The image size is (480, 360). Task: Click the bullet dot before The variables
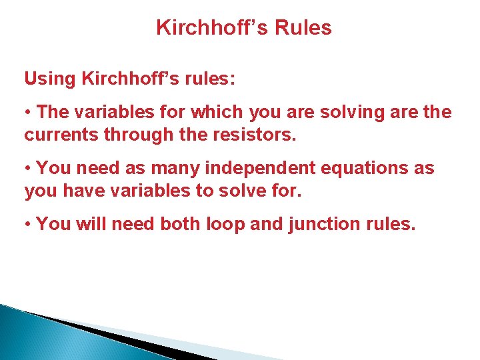coord(28,113)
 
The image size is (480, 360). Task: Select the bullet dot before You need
coord(28,169)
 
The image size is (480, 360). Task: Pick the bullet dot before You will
coord(28,225)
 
